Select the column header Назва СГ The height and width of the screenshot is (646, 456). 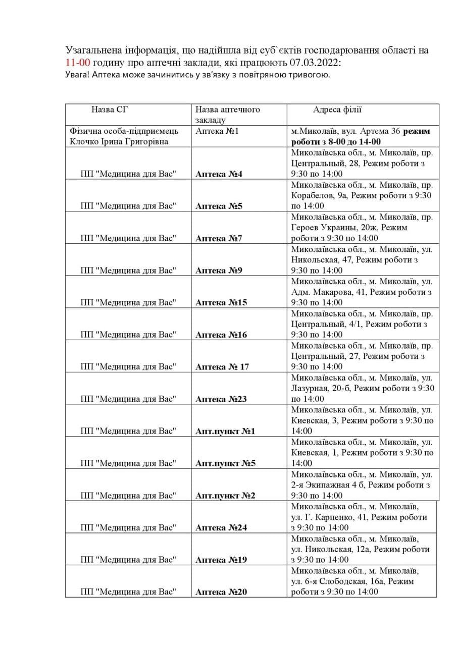[x=107, y=110]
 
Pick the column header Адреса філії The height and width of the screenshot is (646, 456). [x=337, y=110]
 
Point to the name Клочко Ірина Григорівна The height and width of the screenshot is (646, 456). [x=118, y=141]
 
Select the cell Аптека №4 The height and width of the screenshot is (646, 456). [x=219, y=174]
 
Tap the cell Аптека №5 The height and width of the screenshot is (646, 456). [x=219, y=206]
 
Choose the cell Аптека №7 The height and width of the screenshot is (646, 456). [x=219, y=238]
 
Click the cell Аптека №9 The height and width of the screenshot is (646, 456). [x=219, y=271]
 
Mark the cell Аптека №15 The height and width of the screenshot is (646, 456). [x=221, y=303]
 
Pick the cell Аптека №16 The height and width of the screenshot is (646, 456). [x=221, y=335]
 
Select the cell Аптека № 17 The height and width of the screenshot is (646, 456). [x=222, y=367]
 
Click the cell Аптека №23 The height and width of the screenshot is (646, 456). [x=221, y=399]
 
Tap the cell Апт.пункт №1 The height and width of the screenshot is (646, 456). [x=226, y=432]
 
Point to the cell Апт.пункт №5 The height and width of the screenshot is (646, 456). [x=226, y=463]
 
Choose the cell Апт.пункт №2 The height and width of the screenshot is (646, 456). [x=226, y=496]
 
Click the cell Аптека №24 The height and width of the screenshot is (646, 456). [x=221, y=528]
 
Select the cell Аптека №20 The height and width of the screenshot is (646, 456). [x=221, y=592]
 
